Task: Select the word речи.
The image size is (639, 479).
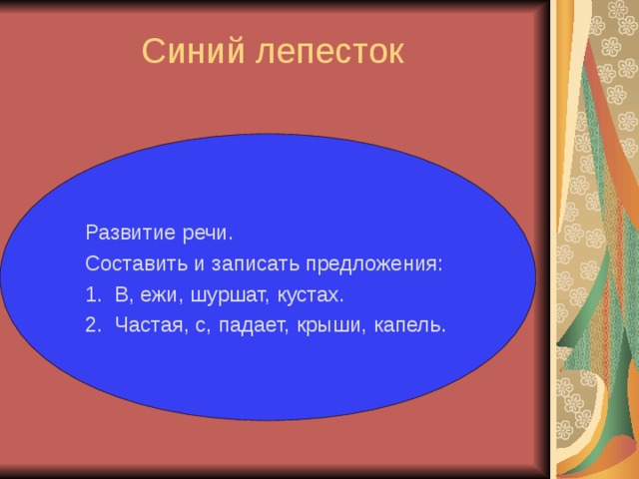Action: click(208, 234)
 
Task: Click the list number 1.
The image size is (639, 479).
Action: click(93, 295)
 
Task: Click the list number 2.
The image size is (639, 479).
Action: click(93, 325)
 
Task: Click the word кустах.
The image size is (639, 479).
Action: click(311, 295)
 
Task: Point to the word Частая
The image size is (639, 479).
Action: click(147, 325)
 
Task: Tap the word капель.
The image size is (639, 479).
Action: click(408, 325)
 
